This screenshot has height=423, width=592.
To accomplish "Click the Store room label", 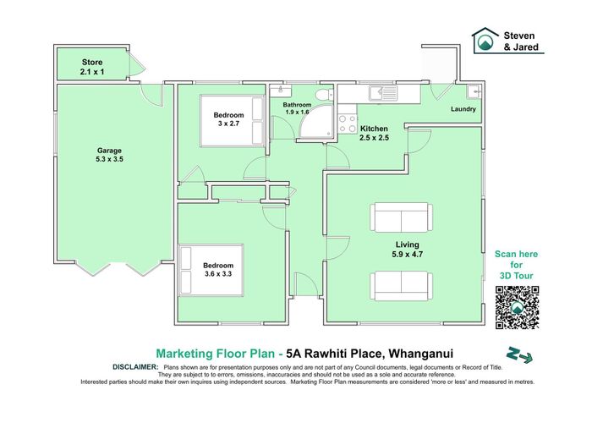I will pos(92,67).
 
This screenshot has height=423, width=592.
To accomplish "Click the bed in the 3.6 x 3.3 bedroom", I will pos(211,270).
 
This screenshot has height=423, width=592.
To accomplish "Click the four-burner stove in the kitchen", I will pos(348,124).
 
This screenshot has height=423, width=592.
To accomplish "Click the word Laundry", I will pos(463,109).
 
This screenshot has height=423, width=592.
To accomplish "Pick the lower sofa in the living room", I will pos(403,285).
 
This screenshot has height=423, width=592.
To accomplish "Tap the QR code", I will pos(517,307).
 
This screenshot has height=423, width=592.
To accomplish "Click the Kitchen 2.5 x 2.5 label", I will pos(374,133).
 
